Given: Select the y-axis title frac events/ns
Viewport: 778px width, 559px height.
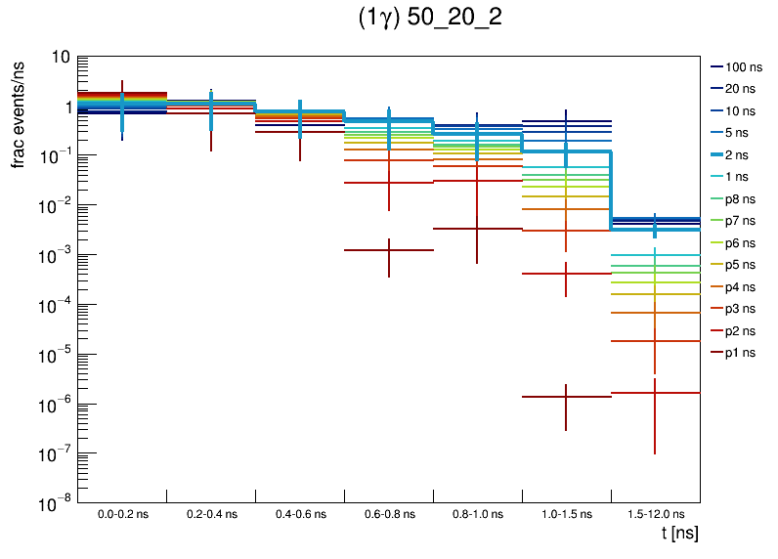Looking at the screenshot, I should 19,112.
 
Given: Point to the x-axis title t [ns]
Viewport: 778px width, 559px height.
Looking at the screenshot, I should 678,534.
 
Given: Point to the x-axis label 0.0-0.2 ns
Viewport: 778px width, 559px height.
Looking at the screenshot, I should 121,513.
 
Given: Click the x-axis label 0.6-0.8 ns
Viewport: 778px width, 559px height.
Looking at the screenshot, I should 388,513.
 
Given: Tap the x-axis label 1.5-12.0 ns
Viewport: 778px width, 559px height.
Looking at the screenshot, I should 655,513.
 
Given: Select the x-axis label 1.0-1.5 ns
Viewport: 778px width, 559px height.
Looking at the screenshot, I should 566,513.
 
